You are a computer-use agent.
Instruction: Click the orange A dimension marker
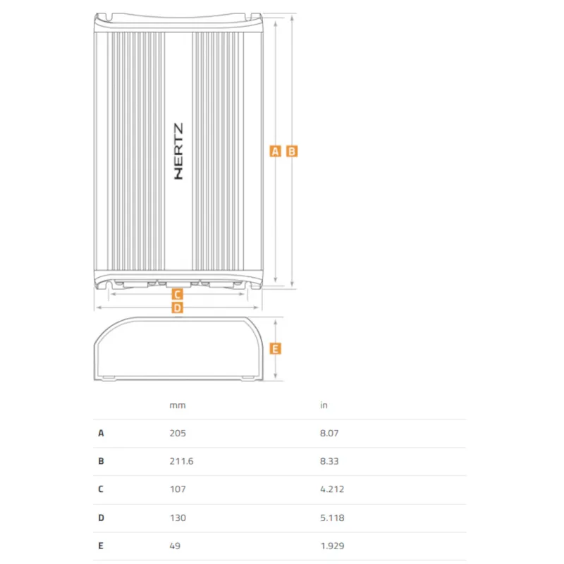coord(275,152)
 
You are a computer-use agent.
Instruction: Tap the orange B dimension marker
coord(292,152)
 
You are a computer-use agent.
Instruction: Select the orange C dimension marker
coord(177,295)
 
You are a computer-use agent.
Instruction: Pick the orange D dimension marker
coord(177,308)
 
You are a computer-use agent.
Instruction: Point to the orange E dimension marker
coord(275,348)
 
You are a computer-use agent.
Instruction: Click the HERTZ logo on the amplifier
coord(178,151)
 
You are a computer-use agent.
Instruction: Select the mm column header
coord(178,405)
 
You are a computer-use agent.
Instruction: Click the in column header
coord(324,405)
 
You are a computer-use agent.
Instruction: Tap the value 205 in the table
coord(178,433)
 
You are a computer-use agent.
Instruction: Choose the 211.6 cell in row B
coord(181,461)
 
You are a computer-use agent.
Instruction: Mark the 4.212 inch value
coord(332,489)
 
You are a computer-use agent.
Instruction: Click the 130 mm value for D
coord(178,518)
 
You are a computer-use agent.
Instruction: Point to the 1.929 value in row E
coord(332,546)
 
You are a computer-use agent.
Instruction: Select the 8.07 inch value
coord(329,433)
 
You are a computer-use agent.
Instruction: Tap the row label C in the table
coord(101,489)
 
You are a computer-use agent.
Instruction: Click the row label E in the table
coord(101,546)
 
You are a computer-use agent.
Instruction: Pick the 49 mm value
coord(175,546)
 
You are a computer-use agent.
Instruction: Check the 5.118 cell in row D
coord(332,518)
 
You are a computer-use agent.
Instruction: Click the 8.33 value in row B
coord(329,461)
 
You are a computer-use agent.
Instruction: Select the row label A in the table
coord(101,433)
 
